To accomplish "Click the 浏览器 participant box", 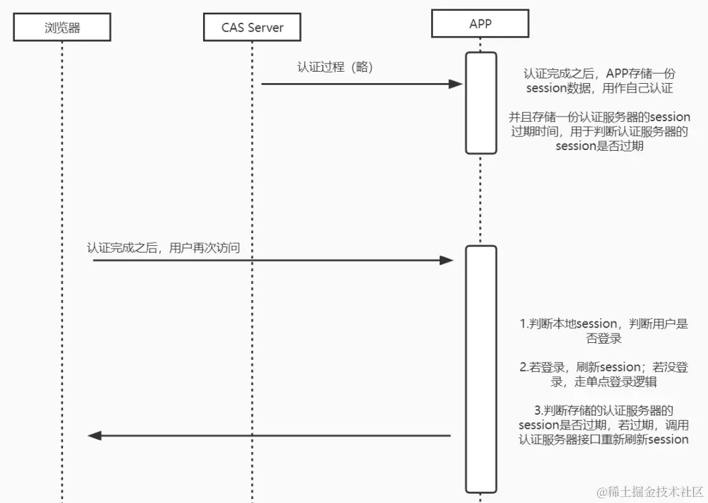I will coord(62,27).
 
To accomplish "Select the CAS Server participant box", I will coord(252,27).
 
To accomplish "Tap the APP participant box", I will coord(480,23).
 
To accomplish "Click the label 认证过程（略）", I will coord(335,68).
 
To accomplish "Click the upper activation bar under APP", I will coord(481,103).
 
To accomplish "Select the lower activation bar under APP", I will coord(481,368).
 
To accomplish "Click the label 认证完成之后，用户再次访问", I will coord(164,248).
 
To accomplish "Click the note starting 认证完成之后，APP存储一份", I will coord(599,80).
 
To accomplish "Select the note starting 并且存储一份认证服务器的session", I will coord(599,131).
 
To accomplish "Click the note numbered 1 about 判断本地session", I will coord(603,331).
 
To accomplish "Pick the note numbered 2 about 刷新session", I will coord(603,374).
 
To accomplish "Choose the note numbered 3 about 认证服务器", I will coord(603,425).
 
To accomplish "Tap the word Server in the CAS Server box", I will coord(266,27).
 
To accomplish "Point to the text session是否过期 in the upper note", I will coord(599,146).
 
